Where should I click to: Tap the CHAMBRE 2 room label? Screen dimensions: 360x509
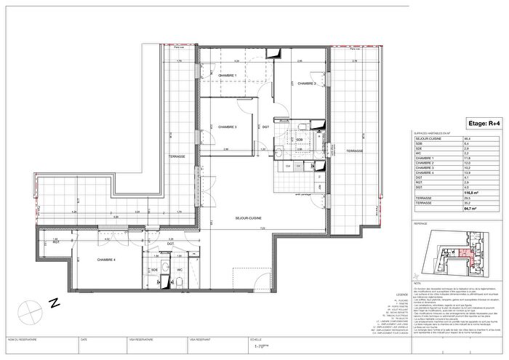[x=305, y=83]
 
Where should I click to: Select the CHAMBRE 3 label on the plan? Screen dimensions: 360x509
[x=227, y=127]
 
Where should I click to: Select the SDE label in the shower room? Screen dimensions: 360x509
[x=155, y=268]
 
